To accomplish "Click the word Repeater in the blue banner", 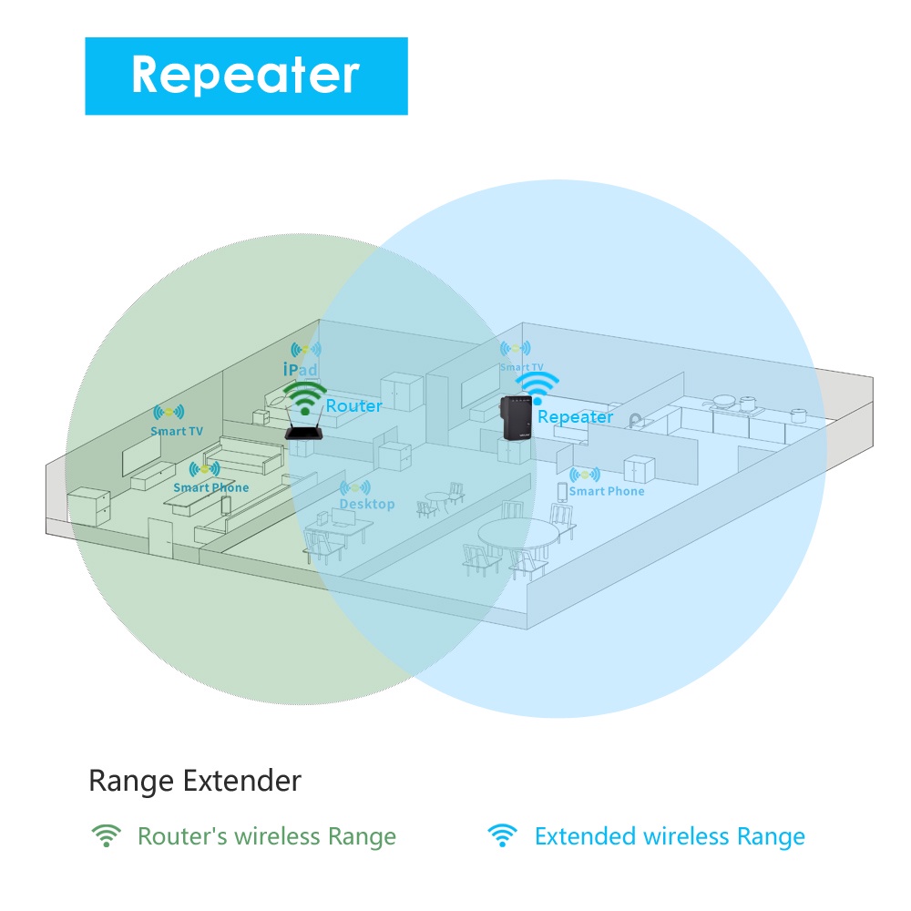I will coord(246,75).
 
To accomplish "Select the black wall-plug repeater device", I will coord(517,418).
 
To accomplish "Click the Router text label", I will coord(354,405).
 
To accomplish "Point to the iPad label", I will coord(300,370).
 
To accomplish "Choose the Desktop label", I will coord(367,504).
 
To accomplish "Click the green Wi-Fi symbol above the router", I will coord(304,397).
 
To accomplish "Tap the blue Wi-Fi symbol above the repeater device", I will coord(537,387).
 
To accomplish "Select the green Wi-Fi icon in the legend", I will coord(107,835).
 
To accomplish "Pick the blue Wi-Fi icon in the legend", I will coord(502,835).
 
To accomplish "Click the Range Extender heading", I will coord(195,781).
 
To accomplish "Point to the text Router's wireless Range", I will coord(267,836).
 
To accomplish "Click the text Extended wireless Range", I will coord(670,836).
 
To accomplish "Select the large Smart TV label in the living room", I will coord(177,431).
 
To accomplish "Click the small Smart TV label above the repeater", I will coord(521,367).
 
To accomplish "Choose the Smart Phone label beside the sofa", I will coord(210,487).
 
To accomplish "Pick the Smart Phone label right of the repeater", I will coord(606,491).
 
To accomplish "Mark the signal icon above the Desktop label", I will coord(355,488).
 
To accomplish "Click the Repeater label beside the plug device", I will coord(575,416).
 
